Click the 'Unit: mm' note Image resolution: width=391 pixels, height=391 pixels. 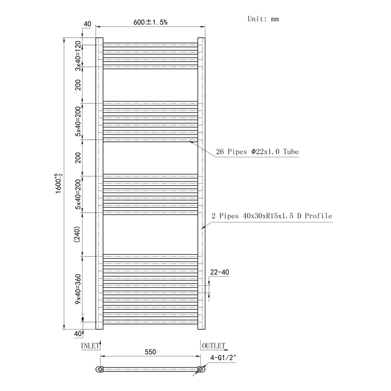tap(263, 19)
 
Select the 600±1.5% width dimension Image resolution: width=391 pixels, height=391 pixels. tap(150, 22)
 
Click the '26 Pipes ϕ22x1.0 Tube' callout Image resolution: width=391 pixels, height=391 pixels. tap(257, 152)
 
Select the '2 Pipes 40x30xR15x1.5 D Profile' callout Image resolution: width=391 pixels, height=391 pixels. tap(272, 216)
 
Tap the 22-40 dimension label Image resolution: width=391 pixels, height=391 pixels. tap(219, 272)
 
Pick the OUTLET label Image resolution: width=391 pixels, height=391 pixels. tap(213, 346)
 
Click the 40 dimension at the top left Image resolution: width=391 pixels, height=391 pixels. tap(87, 23)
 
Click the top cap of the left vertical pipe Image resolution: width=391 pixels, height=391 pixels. tap(99, 39)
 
